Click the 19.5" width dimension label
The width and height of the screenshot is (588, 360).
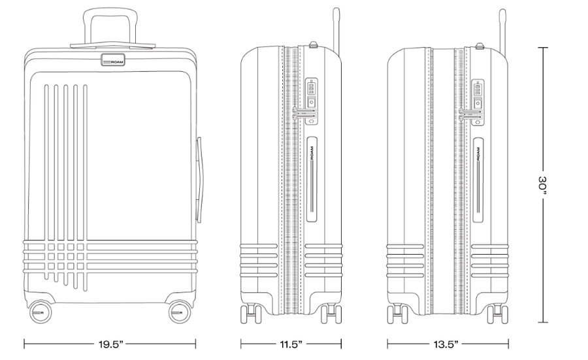[110, 344]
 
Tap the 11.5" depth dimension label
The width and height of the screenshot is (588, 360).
[291, 344]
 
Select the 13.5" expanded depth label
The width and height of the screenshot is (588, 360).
[446, 344]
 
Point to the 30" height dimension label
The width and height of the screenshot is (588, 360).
[543, 185]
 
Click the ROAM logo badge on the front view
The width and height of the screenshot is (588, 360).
[113, 59]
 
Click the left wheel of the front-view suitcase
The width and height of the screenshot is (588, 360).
[40, 312]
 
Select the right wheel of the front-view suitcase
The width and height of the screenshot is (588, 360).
[180, 312]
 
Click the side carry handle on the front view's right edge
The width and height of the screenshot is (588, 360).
[199, 180]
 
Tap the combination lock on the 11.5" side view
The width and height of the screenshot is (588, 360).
[312, 101]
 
